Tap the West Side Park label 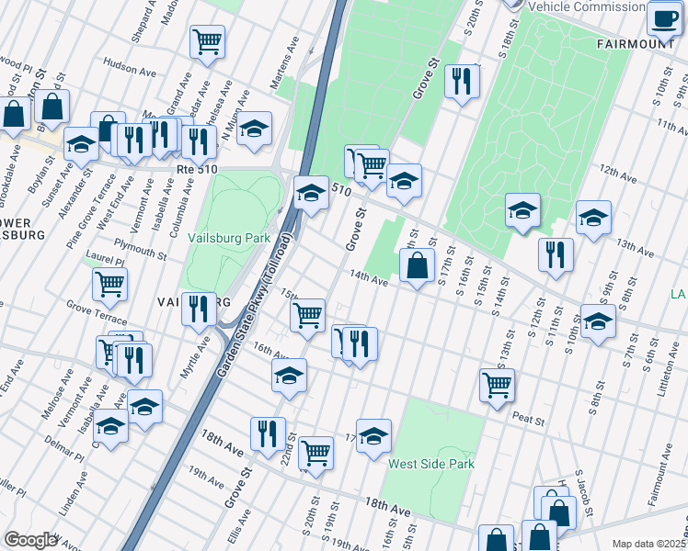tap(430, 465)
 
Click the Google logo tap(29, 540)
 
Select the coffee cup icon tap(663, 17)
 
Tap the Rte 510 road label tap(196, 170)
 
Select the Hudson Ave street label tap(127, 66)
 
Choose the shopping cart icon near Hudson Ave tap(208, 41)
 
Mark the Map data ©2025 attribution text tap(648, 544)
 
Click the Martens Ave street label tap(284, 64)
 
